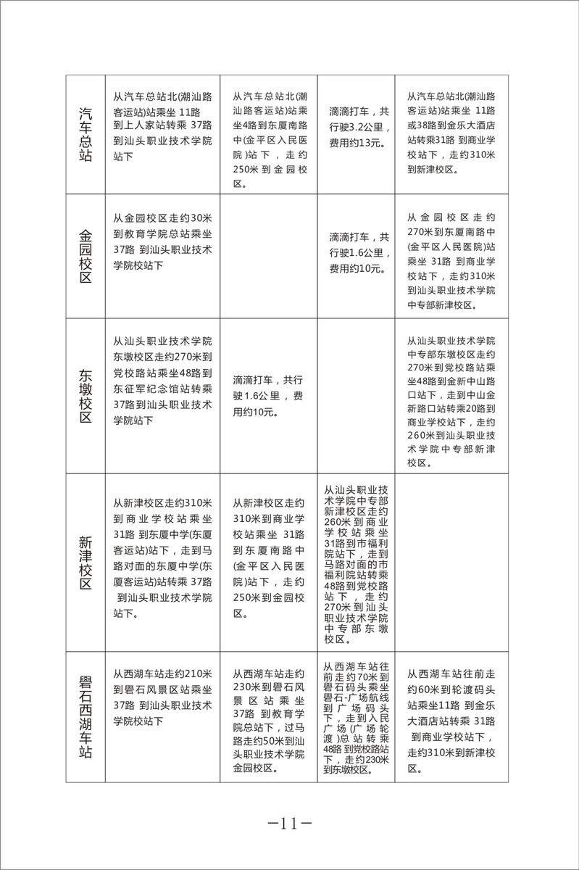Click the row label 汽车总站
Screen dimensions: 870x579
click(x=85, y=134)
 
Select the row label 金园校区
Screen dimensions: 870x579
click(x=85, y=256)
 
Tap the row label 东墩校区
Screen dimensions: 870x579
click(x=85, y=396)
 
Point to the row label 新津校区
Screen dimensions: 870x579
click(x=85, y=563)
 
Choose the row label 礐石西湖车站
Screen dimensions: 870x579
click(x=85, y=718)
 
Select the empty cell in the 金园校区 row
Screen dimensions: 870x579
click(x=269, y=256)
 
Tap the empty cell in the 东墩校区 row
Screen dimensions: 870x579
click(x=355, y=396)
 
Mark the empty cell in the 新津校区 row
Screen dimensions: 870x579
click(x=443, y=563)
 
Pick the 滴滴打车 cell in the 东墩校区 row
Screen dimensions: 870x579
click(x=269, y=396)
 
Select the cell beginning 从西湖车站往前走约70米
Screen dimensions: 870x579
click(x=355, y=718)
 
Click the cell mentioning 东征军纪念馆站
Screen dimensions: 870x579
click(x=162, y=381)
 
